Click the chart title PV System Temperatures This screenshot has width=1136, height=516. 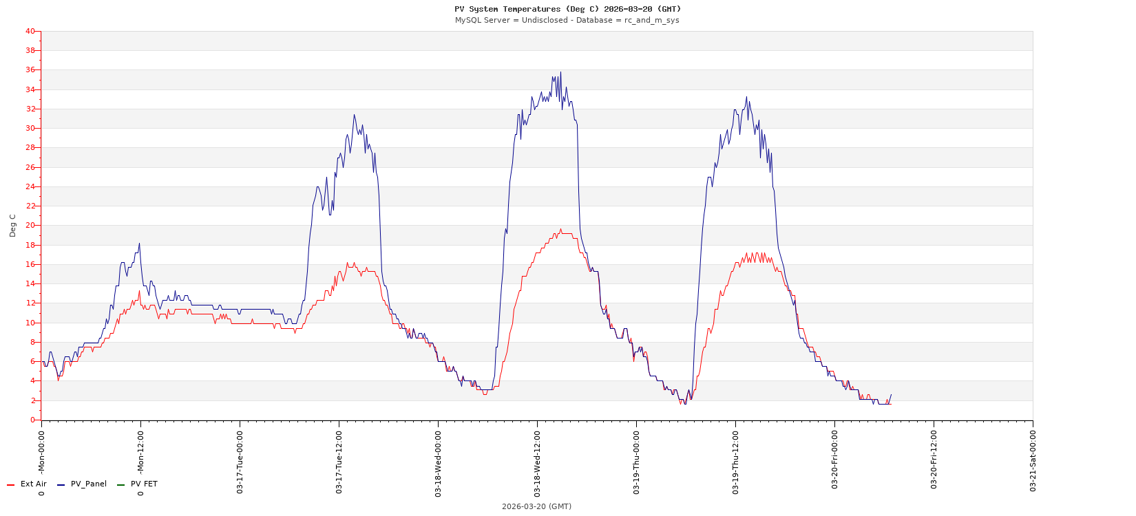pos(567,9)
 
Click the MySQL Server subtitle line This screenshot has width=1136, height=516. pos(567,20)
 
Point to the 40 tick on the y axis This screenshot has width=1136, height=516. pos(30,31)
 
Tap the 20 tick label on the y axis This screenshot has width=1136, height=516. pos(30,225)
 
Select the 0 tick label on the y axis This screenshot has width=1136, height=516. pos(32,420)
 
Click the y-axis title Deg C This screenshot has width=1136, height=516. pos(12,226)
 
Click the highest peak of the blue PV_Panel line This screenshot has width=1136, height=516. pos(560,72)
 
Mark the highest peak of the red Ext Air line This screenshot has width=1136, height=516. pos(560,229)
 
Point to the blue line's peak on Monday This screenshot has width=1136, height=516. pos(139,243)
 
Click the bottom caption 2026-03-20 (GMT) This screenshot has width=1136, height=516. pos(536,506)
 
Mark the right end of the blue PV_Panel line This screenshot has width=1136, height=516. pos(891,394)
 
